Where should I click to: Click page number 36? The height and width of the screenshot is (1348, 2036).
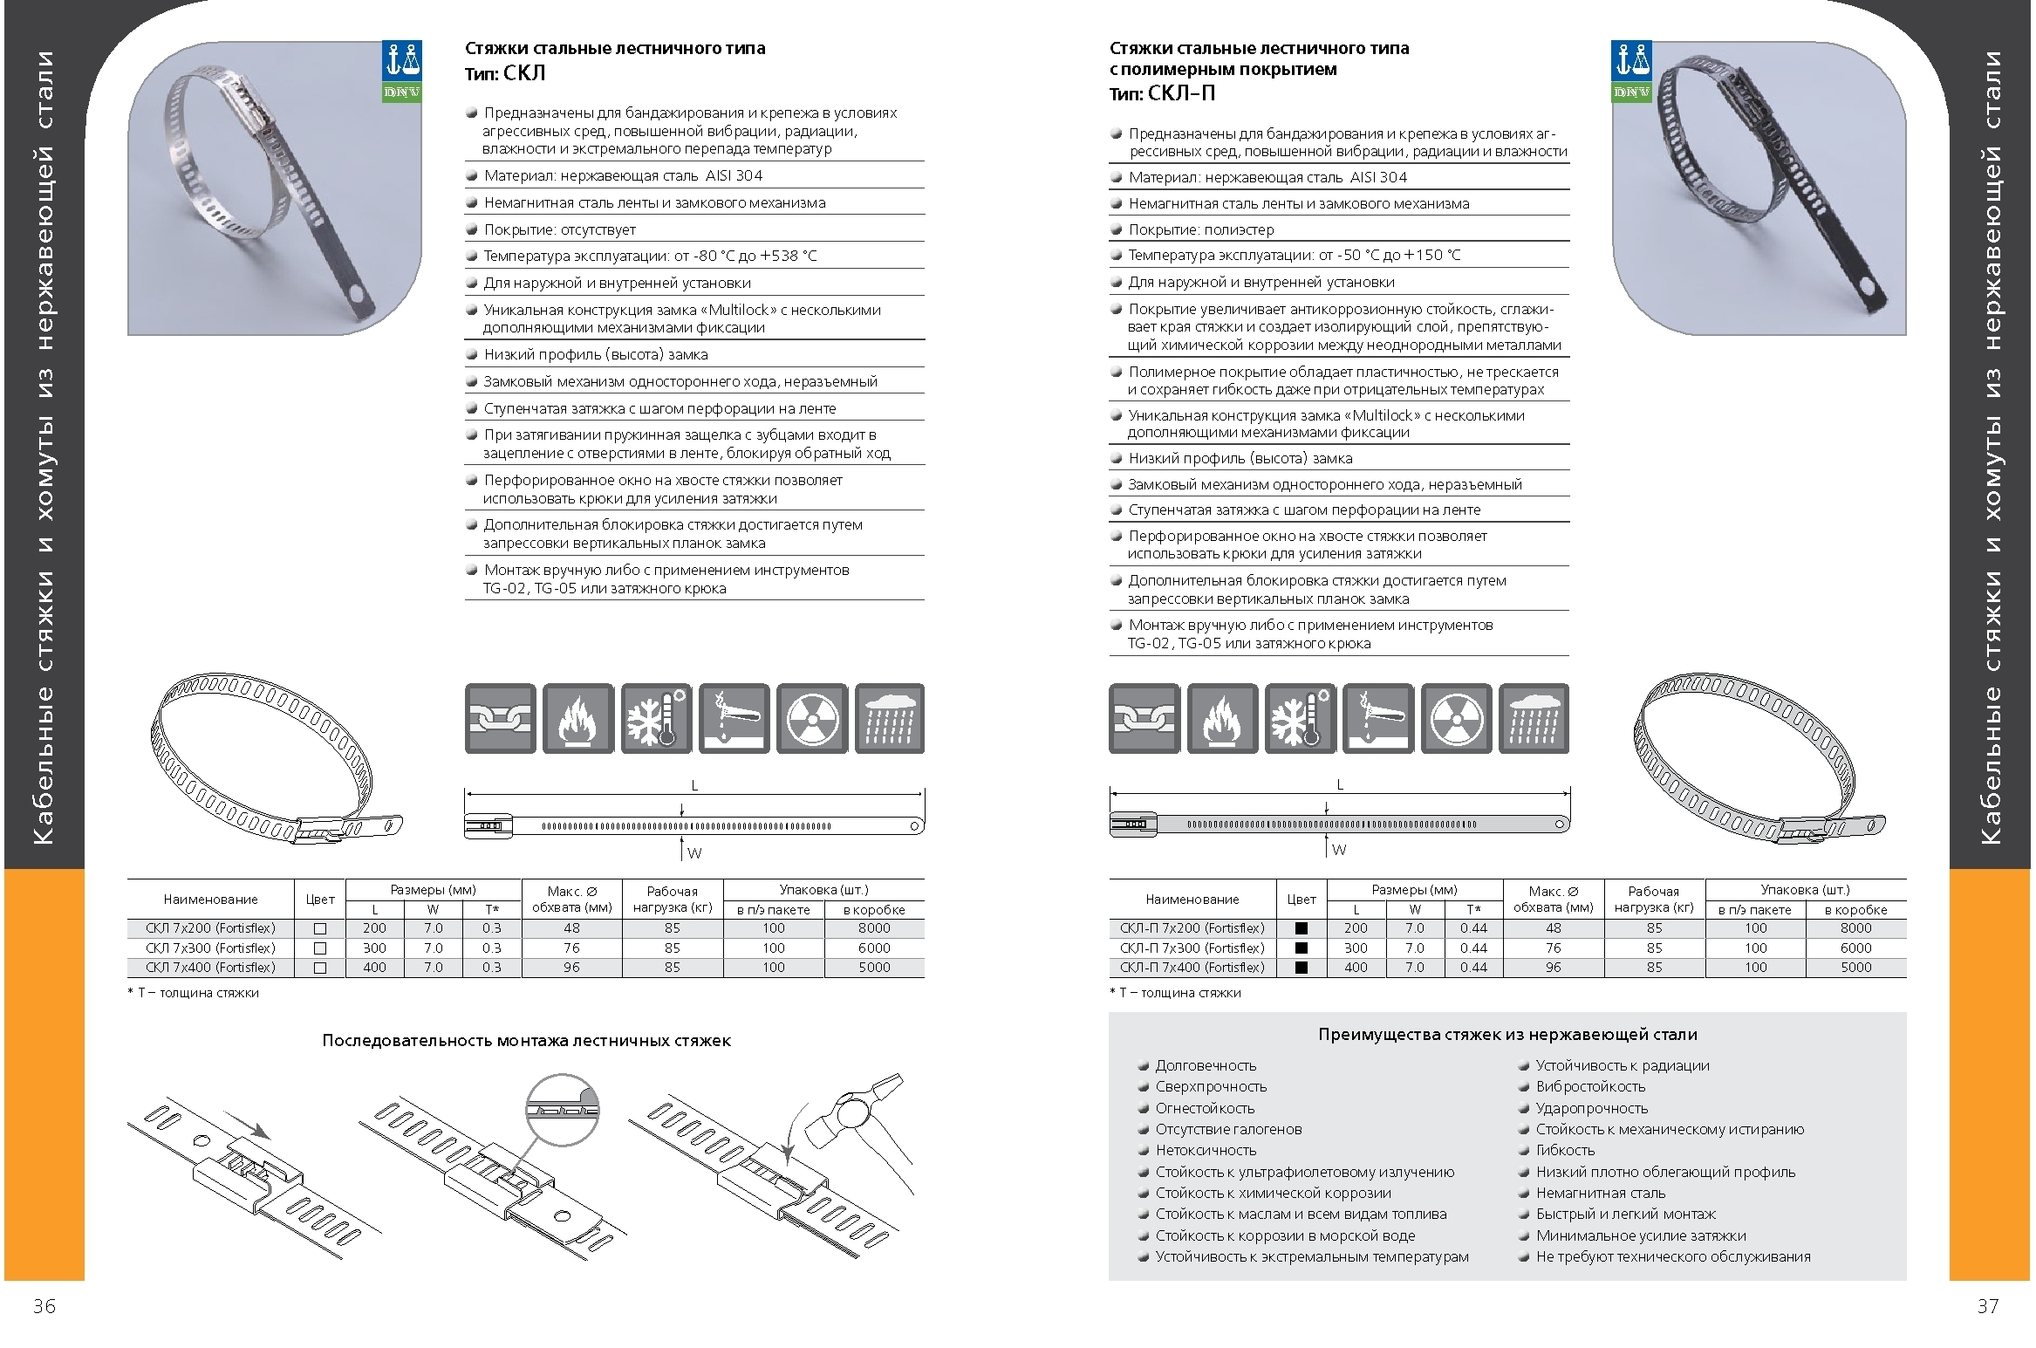click(44, 1305)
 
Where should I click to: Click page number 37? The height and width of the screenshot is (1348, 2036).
click(1988, 1305)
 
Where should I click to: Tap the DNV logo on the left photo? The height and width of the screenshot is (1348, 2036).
click(402, 72)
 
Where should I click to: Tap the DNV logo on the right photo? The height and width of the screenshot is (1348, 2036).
click(1631, 72)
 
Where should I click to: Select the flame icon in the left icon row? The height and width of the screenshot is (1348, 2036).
click(577, 719)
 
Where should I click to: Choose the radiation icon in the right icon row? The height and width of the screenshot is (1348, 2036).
click(1456, 719)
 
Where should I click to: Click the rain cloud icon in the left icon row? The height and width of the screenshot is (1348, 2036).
click(890, 719)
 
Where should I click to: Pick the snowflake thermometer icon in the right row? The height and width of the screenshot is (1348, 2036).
click(1300, 719)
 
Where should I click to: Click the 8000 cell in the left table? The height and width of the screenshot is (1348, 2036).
click(874, 928)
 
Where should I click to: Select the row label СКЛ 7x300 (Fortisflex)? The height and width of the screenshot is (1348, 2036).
click(210, 948)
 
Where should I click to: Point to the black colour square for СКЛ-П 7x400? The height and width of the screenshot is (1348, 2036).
click(1302, 968)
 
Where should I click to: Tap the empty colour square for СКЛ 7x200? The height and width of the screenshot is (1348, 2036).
click(320, 929)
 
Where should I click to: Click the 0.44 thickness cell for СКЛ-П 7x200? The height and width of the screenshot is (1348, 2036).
click(1474, 928)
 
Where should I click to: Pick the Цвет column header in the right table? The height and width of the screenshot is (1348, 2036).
click(1302, 900)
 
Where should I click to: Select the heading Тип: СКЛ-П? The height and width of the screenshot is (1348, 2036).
click(1162, 93)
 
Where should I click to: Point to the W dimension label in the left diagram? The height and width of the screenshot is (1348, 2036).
click(694, 853)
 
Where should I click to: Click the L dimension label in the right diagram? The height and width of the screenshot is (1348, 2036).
click(1340, 785)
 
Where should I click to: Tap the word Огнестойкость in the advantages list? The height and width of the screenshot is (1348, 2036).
click(1205, 1108)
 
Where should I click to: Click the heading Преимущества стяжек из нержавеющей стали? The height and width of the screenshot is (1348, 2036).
click(1507, 1035)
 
